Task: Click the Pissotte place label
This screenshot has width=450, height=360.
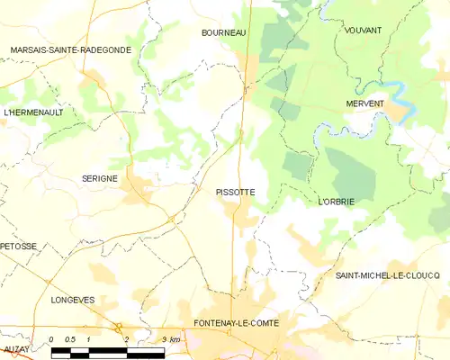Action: (235, 192)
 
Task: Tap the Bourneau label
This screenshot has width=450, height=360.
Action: (223, 32)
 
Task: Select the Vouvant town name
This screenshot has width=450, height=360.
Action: (363, 31)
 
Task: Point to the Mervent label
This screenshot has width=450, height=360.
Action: (364, 103)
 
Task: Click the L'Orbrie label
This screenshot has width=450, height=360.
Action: (336, 202)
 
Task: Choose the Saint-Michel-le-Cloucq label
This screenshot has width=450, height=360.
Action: (388, 274)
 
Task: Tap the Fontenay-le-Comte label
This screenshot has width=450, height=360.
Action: (236, 323)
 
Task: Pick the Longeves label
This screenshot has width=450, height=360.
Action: (73, 300)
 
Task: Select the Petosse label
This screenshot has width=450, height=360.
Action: (19, 246)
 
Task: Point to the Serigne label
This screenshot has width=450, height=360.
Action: (99, 178)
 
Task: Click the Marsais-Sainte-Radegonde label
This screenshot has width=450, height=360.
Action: (70, 49)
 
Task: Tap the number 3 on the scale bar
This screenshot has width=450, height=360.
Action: (164, 339)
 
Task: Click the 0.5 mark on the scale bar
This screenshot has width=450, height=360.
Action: (70, 339)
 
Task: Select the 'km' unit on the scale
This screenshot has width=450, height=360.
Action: (175, 339)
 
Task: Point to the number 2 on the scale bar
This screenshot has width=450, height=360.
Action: (126, 339)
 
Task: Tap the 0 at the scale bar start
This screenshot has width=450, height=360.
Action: (52, 339)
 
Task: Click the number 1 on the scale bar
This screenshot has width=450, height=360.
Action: (88, 339)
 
